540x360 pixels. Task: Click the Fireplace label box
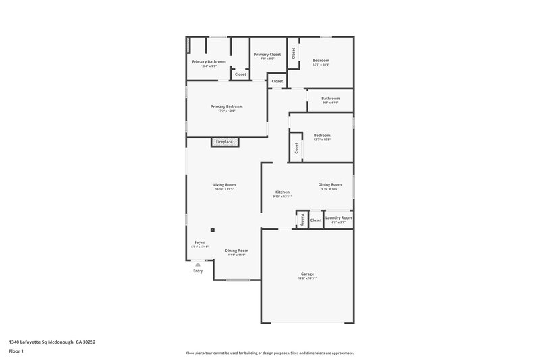tap(224, 142)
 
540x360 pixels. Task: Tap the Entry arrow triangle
tap(198, 265)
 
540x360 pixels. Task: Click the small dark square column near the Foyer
tap(213, 230)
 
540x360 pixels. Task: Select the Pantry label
tap(302, 220)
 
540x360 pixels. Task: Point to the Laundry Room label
tap(338, 217)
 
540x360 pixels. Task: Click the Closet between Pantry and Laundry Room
tap(316, 220)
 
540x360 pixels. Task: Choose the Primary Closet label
tap(267, 54)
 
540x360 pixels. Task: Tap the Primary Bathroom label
tap(209, 61)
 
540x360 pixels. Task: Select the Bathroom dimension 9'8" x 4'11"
tap(330, 103)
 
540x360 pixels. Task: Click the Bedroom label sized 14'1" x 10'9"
tap(321, 61)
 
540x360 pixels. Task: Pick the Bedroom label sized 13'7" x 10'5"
tap(322, 135)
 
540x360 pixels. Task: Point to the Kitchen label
tap(282, 192)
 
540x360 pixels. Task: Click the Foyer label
tap(200, 242)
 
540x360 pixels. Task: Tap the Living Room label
tap(224, 184)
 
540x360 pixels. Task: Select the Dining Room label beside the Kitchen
tap(330, 184)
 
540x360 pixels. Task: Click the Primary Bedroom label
tap(226, 107)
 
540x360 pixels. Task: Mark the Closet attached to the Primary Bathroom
tap(240, 74)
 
